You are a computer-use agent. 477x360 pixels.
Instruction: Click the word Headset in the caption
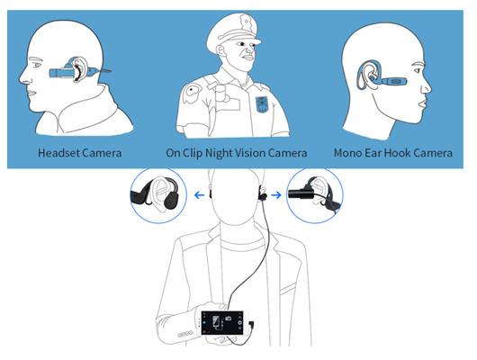pos(58,153)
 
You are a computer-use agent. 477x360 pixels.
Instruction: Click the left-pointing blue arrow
pos(199,194)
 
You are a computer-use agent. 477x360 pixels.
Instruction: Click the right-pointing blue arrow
pos(276,194)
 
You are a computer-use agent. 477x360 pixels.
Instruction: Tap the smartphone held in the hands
pos(222,322)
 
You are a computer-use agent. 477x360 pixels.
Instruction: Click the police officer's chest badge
pos(262,104)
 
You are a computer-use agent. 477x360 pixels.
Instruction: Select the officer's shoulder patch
pos(192,92)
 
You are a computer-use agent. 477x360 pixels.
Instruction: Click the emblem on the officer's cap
pos(244,22)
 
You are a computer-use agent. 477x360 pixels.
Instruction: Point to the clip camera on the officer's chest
pos(223,94)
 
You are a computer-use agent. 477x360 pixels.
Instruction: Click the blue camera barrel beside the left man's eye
pos(60,73)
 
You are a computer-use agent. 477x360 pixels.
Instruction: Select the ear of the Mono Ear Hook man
pos(367,75)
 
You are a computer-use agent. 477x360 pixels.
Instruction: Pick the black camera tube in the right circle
pos(299,193)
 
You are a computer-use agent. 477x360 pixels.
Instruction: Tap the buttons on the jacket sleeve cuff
pos(185,334)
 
